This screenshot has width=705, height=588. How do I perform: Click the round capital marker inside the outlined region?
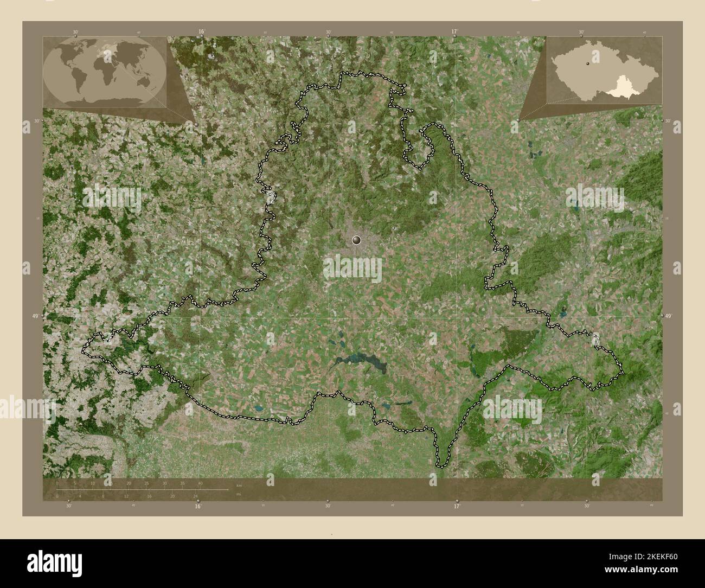coord(356,239)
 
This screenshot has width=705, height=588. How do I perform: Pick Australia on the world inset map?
coord(144,81)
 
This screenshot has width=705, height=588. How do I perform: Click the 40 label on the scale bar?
coord(200,483)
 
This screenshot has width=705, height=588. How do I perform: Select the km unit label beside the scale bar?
coord(239,484)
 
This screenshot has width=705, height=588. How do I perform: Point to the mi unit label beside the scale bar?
coord(239,494)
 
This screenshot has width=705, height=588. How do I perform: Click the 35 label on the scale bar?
coord(182,483)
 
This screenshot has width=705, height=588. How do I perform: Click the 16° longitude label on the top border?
coord(201,31)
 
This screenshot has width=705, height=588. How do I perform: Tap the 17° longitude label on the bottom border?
coord(457,506)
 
